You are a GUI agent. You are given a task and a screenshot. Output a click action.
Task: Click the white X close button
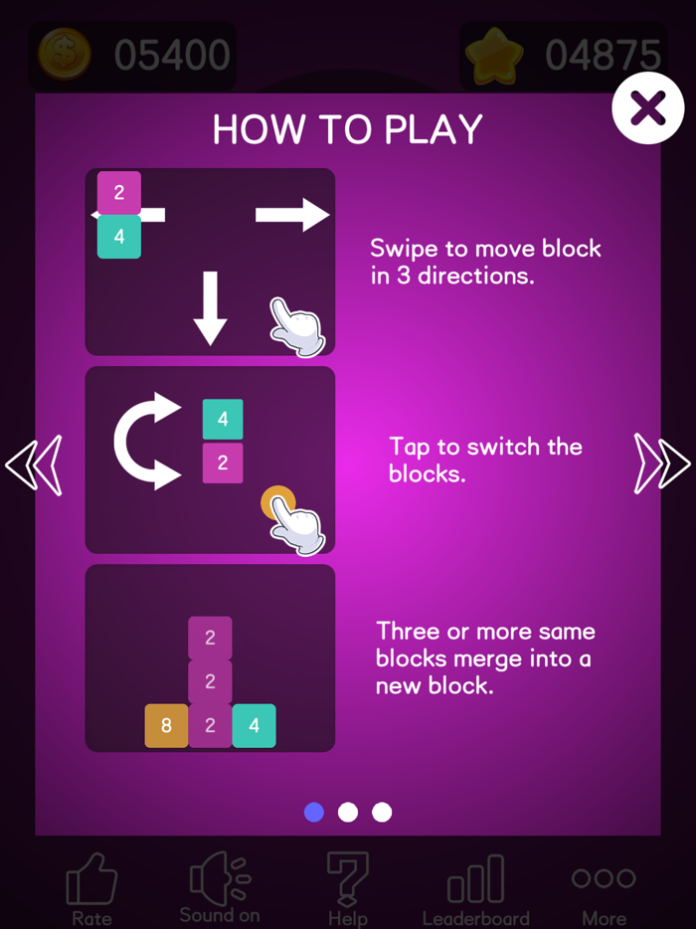pos(648,107)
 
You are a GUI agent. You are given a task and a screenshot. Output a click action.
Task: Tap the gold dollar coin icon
pos(65,55)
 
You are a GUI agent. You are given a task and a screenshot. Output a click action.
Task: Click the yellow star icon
pos(495,55)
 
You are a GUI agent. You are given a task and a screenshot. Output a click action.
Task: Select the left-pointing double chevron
pos(34,465)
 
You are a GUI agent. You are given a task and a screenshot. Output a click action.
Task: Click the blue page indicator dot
pos(314,812)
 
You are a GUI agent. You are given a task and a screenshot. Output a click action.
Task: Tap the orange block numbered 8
pos(166,726)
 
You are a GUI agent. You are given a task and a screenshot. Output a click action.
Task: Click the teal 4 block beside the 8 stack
pos(255,726)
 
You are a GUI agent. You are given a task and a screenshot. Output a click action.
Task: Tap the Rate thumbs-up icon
pos(91,877)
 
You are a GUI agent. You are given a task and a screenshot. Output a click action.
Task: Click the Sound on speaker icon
pos(220,875)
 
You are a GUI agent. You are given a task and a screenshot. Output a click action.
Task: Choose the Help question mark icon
pos(348,877)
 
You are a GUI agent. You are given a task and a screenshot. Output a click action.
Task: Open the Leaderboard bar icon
pos(475,878)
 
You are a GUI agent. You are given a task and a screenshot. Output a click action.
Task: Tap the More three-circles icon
pos(605,878)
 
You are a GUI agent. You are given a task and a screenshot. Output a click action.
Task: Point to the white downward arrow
pos(210,308)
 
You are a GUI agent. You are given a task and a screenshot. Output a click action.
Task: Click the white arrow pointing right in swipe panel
pos(292,215)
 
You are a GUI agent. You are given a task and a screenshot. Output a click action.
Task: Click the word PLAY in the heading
pos(434,129)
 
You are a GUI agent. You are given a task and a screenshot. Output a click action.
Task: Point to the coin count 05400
pos(172,55)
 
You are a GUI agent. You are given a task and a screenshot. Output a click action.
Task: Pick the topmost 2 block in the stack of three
pos(210,639)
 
